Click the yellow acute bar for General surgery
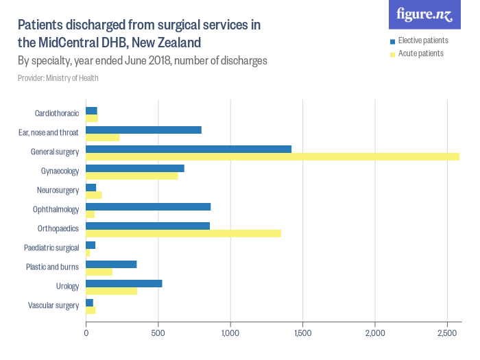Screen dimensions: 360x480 (272, 157)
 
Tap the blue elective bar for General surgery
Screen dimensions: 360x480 (189, 149)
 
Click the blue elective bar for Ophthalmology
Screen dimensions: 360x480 (148, 206)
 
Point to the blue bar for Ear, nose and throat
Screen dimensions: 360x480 (143, 130)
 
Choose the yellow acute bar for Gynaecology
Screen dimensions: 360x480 (132, 176)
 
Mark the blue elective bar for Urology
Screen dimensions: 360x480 (123, 283)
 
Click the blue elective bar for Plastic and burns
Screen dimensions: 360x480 (111, 264)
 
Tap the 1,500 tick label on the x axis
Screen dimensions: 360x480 (302, 333)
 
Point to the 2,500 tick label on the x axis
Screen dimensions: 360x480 (447, 333)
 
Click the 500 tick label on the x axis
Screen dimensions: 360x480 (158, 333)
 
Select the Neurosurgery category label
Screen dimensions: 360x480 (58, 190)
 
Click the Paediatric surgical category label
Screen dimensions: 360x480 (52, 248)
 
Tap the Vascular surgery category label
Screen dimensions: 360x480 (53, 305)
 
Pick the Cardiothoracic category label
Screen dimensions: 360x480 (57, 113)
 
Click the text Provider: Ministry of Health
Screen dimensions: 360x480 (58, 78)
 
